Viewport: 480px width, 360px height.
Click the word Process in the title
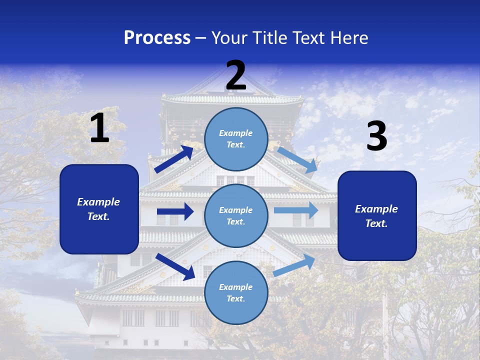(157, 38)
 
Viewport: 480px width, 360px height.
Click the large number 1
(99, 128)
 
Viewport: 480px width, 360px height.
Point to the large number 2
(236, 75)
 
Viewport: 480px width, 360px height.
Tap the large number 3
(376, 136)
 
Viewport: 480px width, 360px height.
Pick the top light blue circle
(236, 138)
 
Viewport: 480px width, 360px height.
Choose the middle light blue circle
(236, 215)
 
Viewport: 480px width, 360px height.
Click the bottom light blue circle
(236, 292)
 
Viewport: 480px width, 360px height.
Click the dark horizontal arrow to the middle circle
(175, 211)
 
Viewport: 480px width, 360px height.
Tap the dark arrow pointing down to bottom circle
(175, 266)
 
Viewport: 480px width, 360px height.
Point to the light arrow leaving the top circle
(298, 158)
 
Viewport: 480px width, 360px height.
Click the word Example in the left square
(98, 202)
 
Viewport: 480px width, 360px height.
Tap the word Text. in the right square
(376, 223)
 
